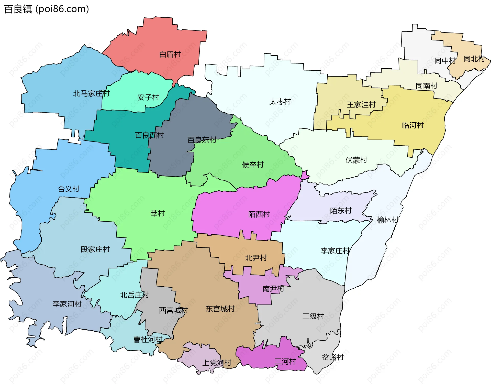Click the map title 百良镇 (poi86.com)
coord(47,9)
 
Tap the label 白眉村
coord(170,55)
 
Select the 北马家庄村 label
coord(91,94)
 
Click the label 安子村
coord(148,97)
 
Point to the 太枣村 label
coord(280,102)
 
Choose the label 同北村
coord(474,59)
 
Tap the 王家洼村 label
coord(361,105)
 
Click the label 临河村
coord(413,125)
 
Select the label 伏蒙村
coord(356,160)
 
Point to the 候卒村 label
coord(253,165)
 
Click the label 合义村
coord(69,189)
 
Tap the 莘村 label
coord(158,213)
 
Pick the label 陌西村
coord(259,214)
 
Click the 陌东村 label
coord(341,211)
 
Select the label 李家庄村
coord(335,251)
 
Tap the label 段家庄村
coord(95,249)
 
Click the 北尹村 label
coord(256,258)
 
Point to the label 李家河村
coord(67,304)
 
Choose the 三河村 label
coord(285,362)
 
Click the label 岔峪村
coord(333,357)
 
